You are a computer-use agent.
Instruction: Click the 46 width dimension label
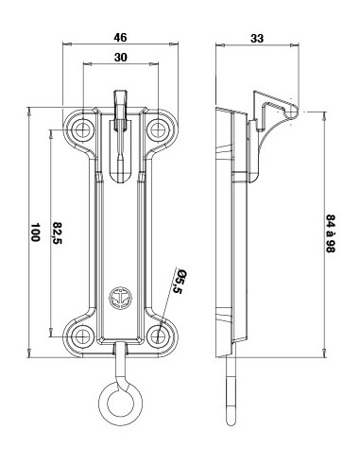pos(120,38)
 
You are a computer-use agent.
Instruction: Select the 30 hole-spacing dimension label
pos(121,58)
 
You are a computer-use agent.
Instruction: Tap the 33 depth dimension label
pos(257,39)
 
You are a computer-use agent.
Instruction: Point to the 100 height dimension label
pos(35,232)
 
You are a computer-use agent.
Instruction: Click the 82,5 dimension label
pos(58,233)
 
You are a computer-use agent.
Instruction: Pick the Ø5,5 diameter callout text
pos(177,282)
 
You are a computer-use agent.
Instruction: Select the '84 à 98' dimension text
pos(331,233)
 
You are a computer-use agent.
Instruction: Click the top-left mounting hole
pos(83,129)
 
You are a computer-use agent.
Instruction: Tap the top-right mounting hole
pos(157,129)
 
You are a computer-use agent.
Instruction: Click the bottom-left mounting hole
pos(82,336)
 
